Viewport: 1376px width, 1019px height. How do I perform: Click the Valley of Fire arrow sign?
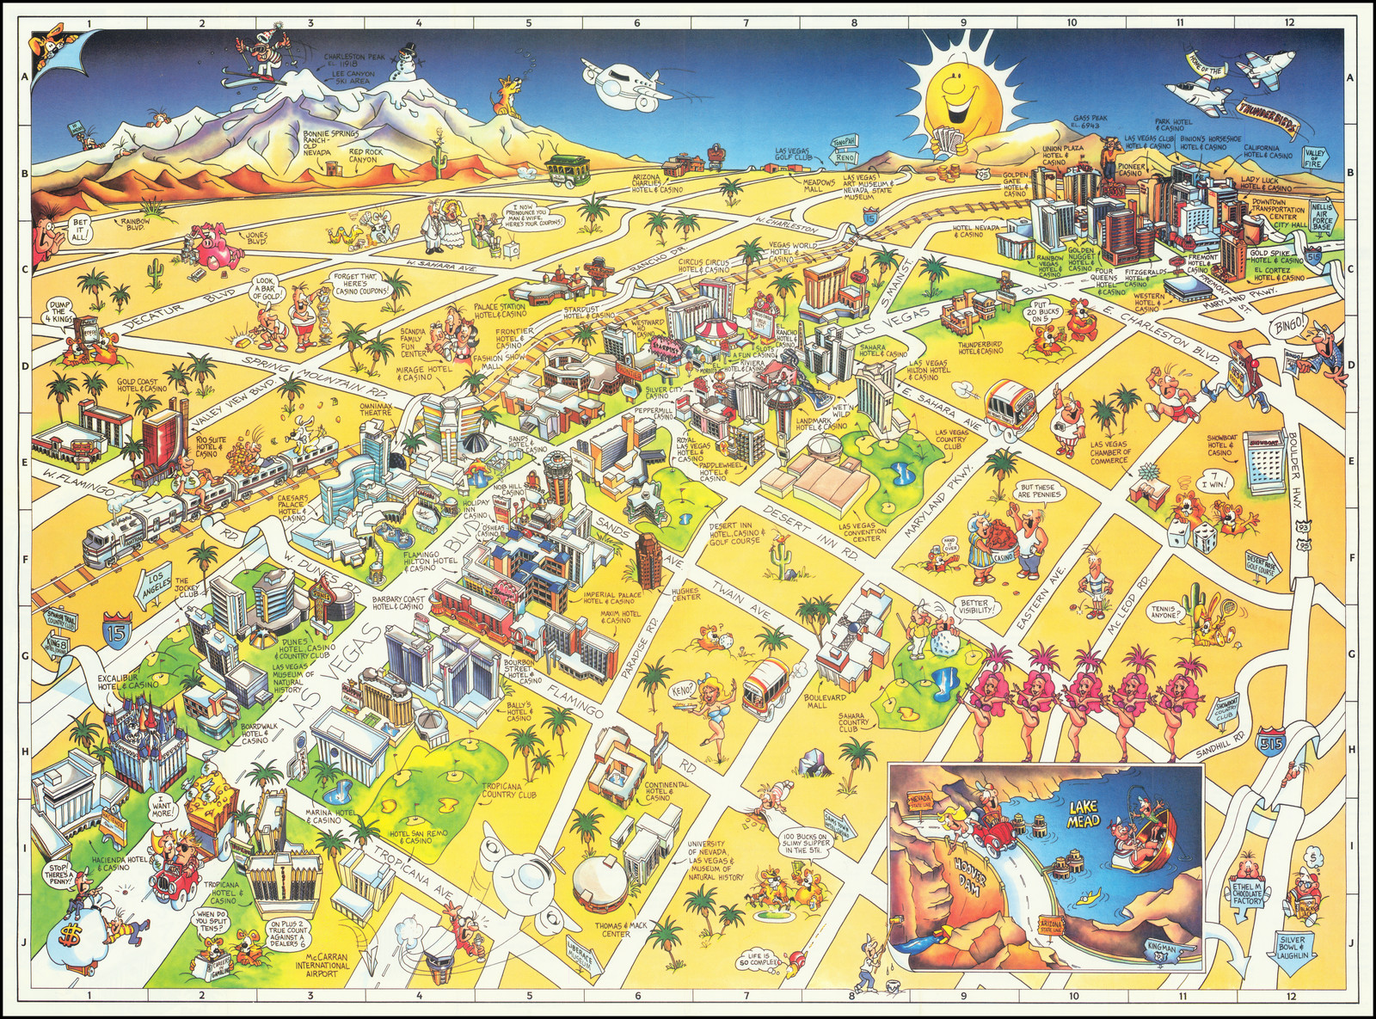click(x=1314, y=157)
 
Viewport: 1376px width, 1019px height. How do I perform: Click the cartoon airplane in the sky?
click(x=623, y=79)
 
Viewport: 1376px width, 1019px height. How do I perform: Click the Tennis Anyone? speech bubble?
click(x=1165, y=612)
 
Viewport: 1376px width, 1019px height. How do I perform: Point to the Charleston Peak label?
click(x=353, y=60)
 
